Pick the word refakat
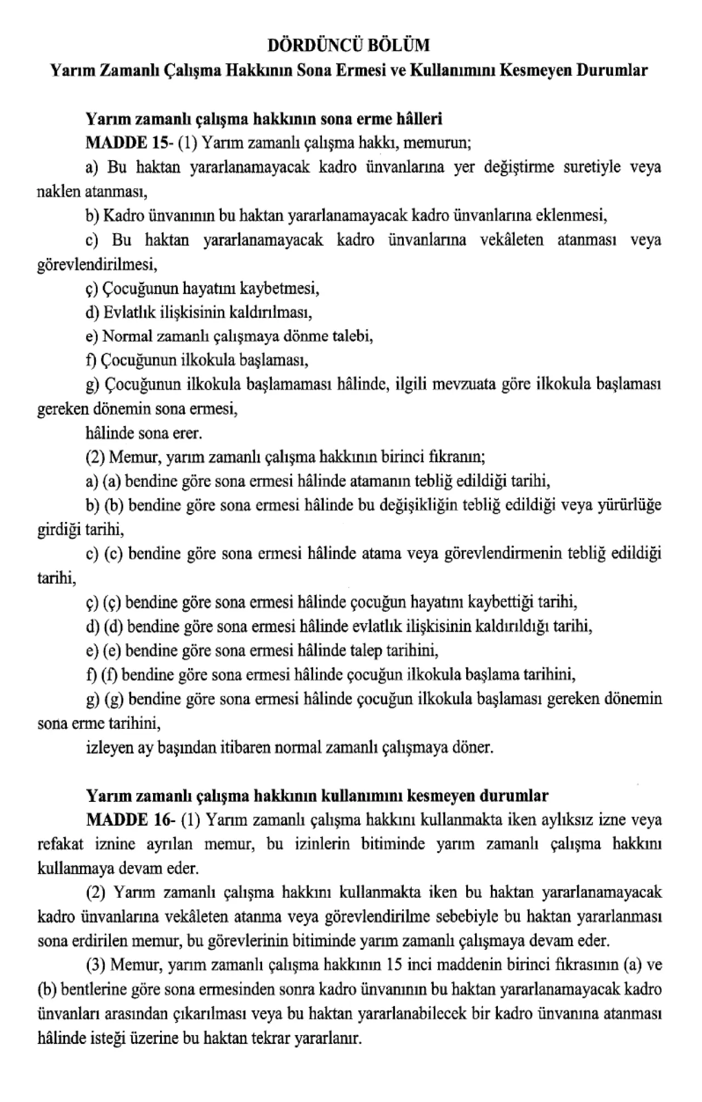[60, 844]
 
